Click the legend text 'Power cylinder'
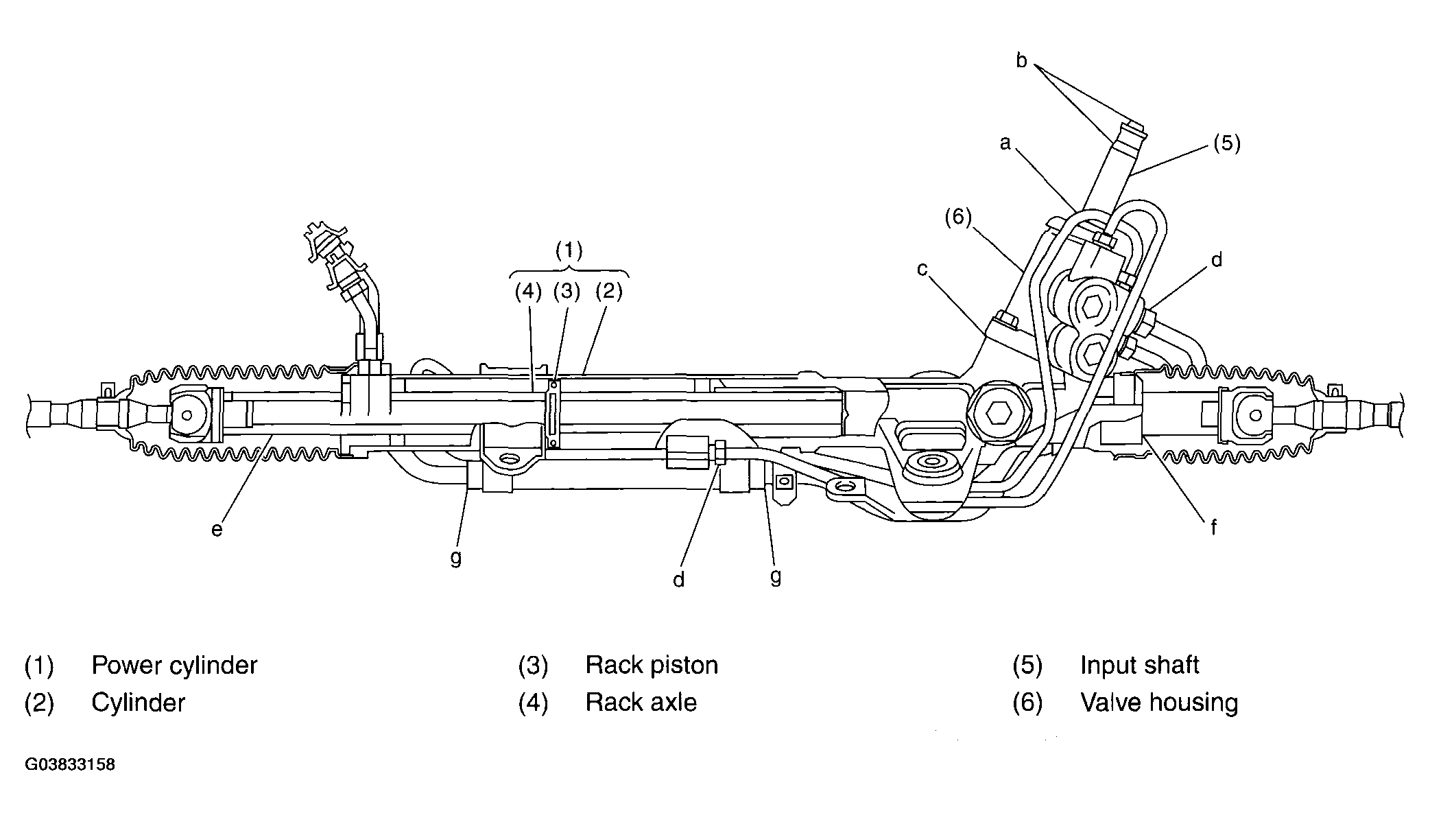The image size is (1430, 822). (x=174, y=666)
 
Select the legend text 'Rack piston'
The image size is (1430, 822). (x=652, y=666)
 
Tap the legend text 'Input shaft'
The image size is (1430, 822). (x=1139, y=666)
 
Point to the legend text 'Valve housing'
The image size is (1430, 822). (x=1159, y=703)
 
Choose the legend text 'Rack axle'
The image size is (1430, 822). (x=641, y=703)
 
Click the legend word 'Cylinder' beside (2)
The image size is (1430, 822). (x=138, y=703)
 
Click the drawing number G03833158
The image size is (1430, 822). (x=70, y=764)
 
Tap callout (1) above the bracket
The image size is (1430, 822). (x=569, y=250)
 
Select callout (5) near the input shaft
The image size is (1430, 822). (x=1226, y=143)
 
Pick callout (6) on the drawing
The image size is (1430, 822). (x=958, y=218)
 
